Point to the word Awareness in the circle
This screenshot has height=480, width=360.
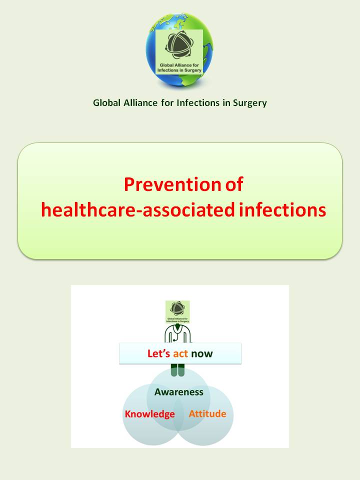coord(179,392)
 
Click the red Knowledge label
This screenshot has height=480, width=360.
coord(149,414)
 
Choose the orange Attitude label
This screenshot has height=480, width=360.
coord(207,414)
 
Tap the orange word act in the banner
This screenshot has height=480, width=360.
coord(180,354)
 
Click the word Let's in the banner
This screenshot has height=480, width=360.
coord(159,354)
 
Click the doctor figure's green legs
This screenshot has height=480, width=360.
coord(177,370)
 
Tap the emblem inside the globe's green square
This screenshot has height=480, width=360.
coord(179,46)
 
